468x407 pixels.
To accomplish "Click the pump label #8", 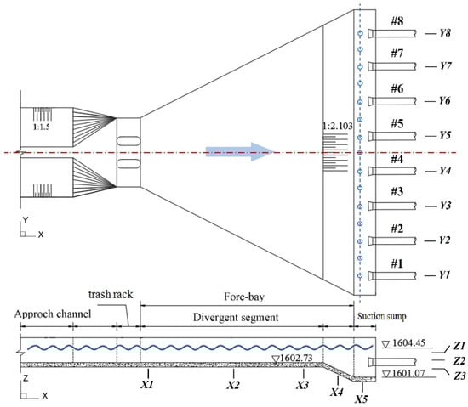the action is point(397,21).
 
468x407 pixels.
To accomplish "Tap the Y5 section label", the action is point(445,135).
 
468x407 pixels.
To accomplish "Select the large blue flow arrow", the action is point(240,151).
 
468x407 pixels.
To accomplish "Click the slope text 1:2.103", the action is point(338,126).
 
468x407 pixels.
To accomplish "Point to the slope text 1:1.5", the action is point(42,127).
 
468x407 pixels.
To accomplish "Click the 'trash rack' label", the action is point(111,294).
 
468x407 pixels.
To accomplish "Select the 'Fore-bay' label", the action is point(244,297).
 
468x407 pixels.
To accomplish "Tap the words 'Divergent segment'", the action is point(236,318).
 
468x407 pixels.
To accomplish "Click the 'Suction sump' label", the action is point(382,316).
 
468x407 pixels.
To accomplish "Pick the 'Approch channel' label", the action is point(53,314).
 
